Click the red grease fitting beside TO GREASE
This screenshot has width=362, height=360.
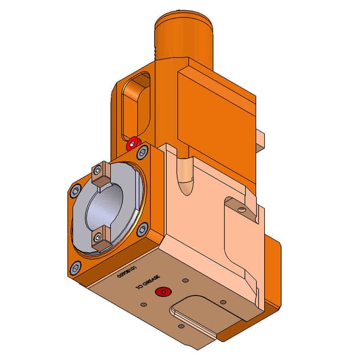pos(163,292)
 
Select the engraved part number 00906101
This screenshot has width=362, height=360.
pos(126,273)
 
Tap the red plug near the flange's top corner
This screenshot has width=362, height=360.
pos(133,142)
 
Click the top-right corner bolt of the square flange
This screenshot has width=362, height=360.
pos(143,151)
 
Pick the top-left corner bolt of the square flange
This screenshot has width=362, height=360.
pos(75,191)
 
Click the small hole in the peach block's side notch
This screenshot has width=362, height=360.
pos(243,210)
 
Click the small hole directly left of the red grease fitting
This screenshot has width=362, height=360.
pos(144,304)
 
